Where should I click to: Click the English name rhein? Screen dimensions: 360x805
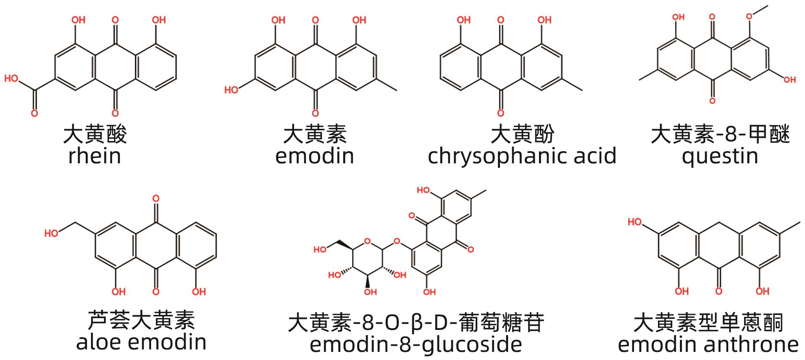[x=95, y=156]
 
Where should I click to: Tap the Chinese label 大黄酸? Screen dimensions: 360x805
[x=95, y=134]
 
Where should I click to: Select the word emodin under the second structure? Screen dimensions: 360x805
[x=314, y=156]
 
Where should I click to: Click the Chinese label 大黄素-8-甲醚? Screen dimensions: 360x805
[x=720, y=134]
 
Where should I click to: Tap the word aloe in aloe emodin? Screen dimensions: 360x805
[x=100, y=342]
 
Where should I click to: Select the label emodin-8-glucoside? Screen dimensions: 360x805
[x=415, y=345]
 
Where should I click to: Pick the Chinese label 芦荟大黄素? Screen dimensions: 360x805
[x=141, y=320]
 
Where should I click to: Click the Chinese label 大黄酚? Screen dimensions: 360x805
[x=522, y=134]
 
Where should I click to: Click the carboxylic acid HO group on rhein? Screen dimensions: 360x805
[x=11, y=78]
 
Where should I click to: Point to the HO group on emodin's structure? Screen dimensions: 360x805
[x=232, y=90]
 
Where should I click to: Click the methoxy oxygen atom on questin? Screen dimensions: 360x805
[x=750, y=17]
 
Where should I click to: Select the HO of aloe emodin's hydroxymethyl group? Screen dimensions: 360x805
[x=51, y=233]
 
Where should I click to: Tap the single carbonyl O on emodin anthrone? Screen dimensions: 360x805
[x=718, y=291]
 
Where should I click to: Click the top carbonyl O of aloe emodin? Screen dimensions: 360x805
[x=156, y=199]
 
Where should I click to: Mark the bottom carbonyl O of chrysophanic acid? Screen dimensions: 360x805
[x=501, y=113]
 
